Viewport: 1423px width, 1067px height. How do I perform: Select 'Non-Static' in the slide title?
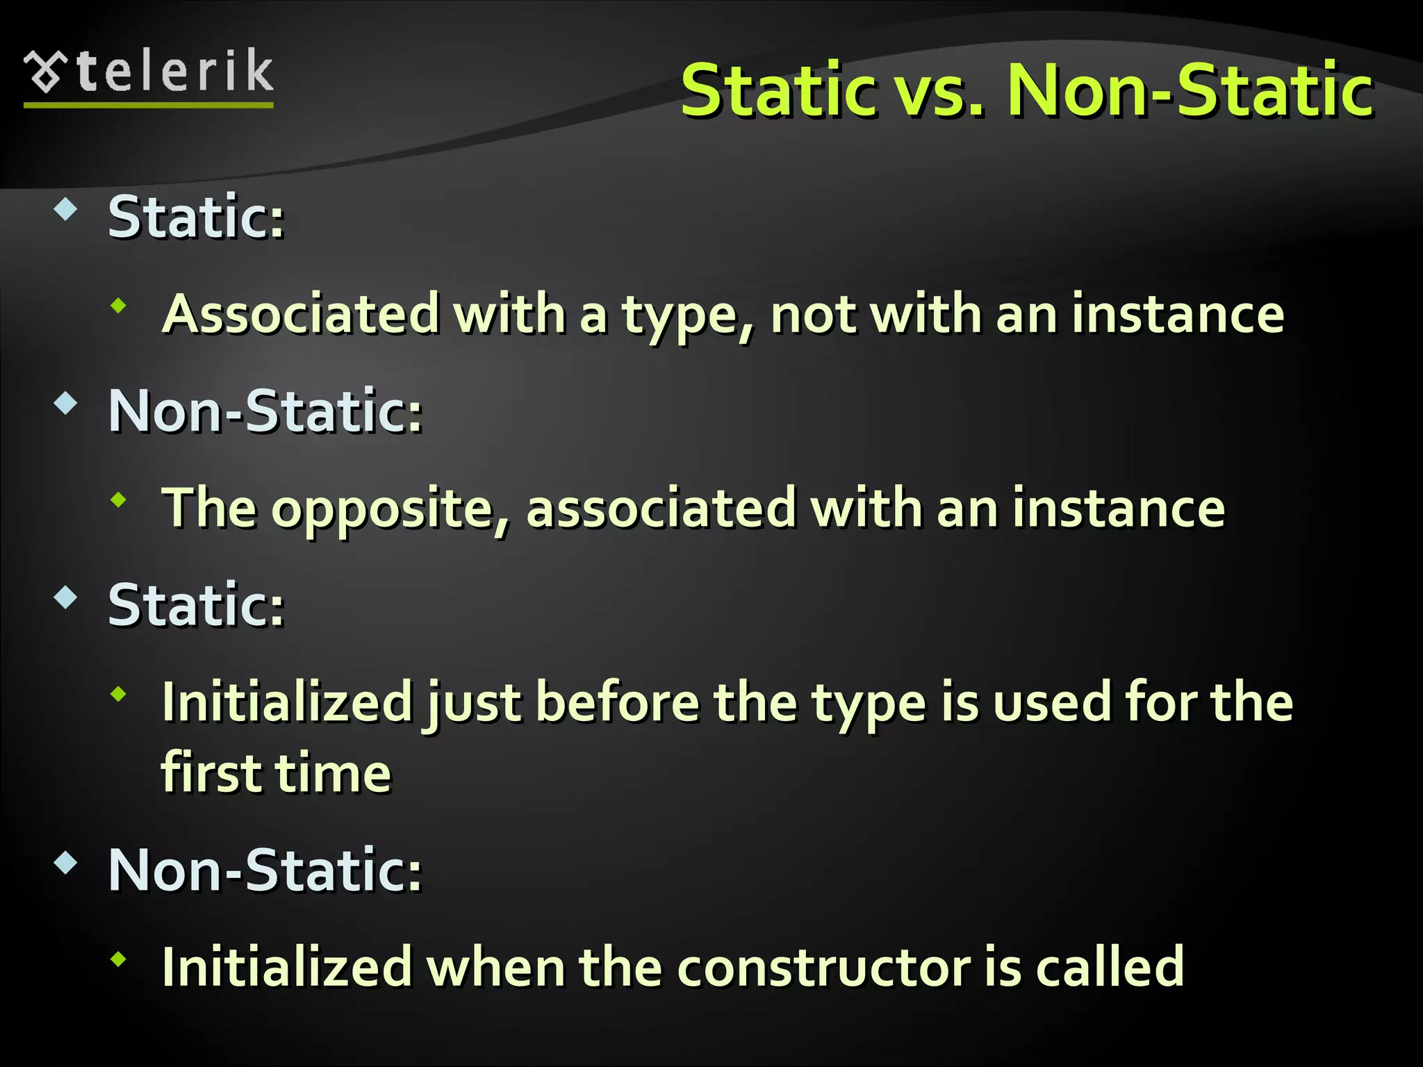point(1190,90)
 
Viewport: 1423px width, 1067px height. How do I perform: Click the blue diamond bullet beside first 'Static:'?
point(65,209)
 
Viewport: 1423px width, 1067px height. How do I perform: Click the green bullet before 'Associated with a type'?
point(119,305)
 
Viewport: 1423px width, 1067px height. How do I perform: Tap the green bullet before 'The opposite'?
point(119,499)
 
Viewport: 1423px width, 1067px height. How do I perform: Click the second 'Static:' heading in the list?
point(196,605)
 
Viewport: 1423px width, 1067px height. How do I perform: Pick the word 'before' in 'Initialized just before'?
point(618,702)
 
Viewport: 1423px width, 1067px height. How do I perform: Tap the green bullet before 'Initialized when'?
point(119,959)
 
